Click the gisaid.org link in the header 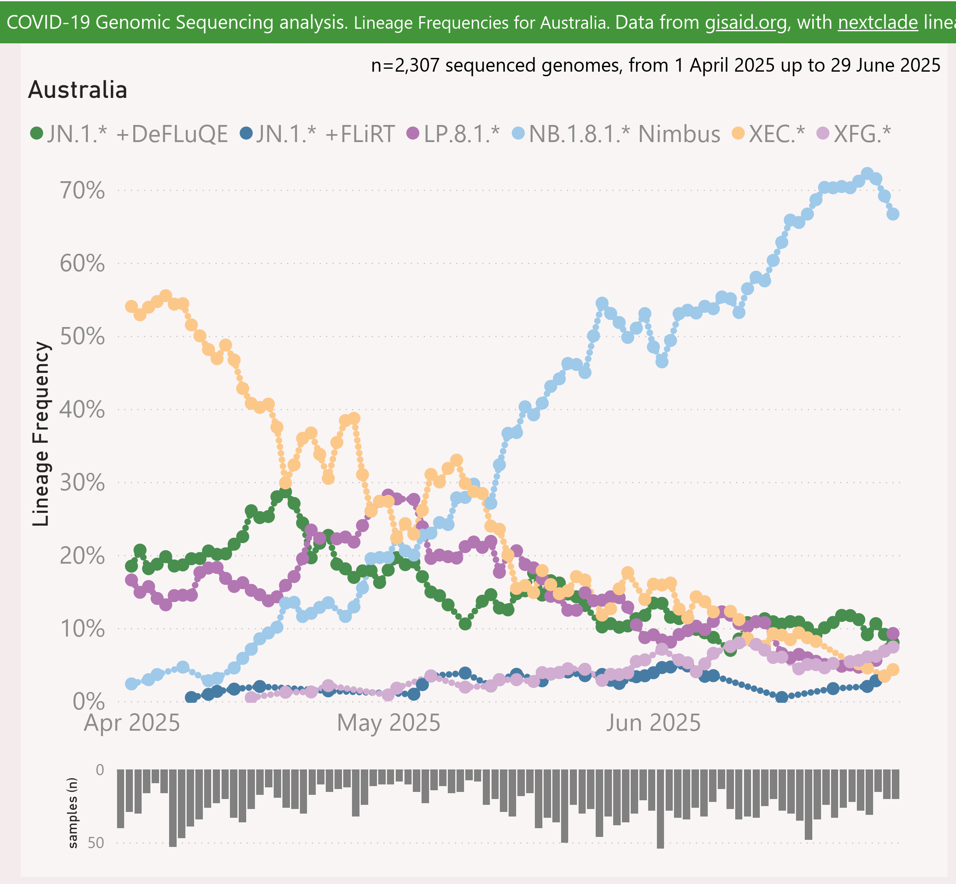tap(746, 22)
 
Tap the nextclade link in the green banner tap(878, 22)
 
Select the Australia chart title tap(77, 90)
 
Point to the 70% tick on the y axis tap(82, 190)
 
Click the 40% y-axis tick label tap(82, 410)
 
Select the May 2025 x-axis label tap(388, 723)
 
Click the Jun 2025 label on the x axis tap(653, 723)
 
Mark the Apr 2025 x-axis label tap(132, 723)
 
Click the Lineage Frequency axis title tap(41, 434)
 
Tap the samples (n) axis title tap(73, 813)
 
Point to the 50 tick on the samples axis tap(96, 843)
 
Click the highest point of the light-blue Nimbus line tap(867, 174)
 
